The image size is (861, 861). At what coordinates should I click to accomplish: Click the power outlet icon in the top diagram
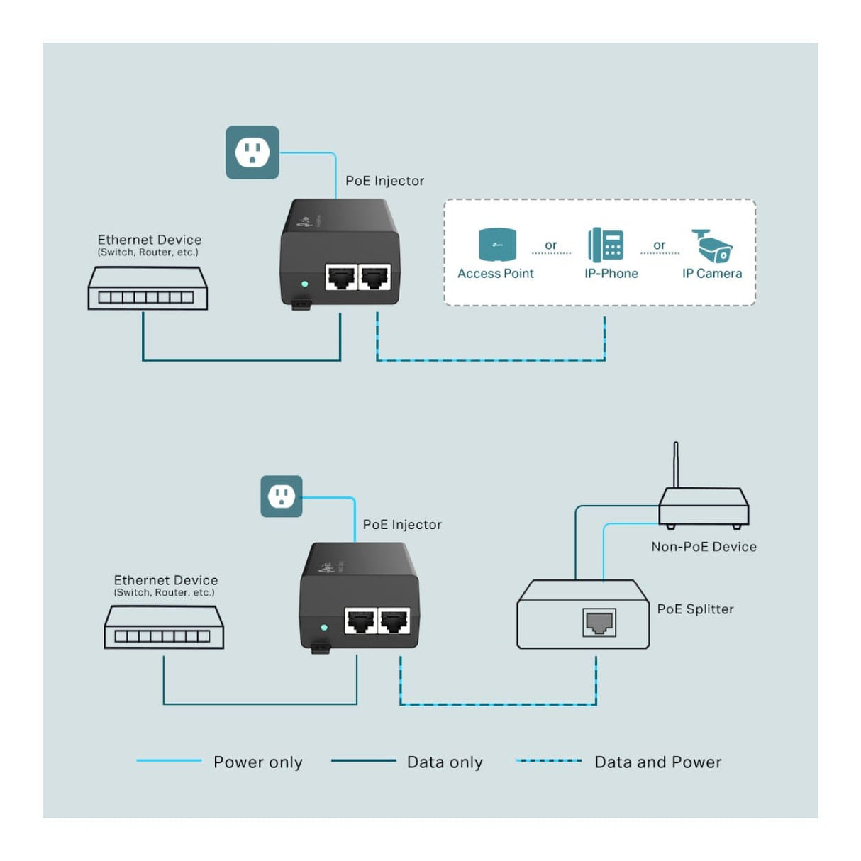(252, 152)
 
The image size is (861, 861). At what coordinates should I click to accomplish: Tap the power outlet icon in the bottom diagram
(282, 496)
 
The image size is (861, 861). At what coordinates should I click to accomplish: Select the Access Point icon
(497, 245)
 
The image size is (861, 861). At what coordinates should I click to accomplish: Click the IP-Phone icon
(606, 245)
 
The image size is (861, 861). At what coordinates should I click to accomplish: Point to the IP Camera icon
(712, 246)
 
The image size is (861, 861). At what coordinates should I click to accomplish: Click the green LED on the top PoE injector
(305, 284)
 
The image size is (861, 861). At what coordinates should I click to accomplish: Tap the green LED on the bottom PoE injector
(324, 628)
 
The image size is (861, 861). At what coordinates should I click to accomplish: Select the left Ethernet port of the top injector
(341, 277)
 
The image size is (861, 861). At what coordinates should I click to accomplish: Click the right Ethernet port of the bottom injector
(394, 621)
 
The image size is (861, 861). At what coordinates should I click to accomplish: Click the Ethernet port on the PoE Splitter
(599, 623)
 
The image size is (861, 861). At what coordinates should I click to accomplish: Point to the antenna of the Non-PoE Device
(676, 465)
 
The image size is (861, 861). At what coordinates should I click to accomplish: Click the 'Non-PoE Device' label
(704, 547)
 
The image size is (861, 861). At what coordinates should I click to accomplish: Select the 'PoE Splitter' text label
(695, 609)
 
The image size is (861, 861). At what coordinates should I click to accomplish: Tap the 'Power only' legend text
(258, 762)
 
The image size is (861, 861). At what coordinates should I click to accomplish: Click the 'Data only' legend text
(445, 762)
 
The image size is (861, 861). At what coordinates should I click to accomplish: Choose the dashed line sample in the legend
(550, 761)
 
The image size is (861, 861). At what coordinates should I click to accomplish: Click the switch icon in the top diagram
(148, 289)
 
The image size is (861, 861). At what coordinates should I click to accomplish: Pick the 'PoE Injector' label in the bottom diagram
(402, 525)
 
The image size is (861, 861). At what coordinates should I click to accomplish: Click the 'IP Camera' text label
(712, 274)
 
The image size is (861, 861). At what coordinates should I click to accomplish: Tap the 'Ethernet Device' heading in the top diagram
(150, 240)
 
